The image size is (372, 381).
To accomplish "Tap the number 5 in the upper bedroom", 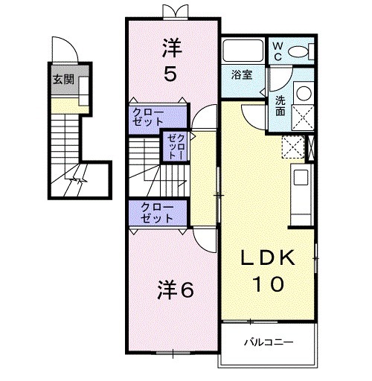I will (172, 74).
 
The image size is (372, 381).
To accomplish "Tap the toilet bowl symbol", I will (298, 51).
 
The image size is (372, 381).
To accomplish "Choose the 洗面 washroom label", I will (280, 106).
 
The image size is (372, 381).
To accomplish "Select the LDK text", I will (269, 258).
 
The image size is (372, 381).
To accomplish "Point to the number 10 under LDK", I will (269, 284).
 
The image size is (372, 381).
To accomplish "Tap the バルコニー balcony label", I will (268, 343).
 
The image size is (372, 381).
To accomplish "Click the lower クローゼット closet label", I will (153, 213).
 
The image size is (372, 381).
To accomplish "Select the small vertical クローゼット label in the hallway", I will (173, 147).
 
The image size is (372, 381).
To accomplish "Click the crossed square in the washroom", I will (303, 118).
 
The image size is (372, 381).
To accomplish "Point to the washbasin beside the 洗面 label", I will (303, 95).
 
